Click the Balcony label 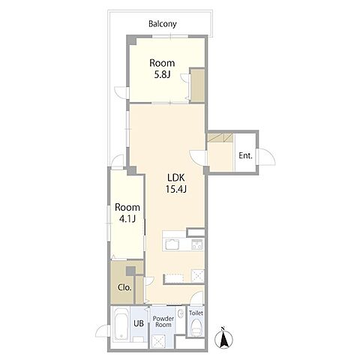[163, 24]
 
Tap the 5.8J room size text [162, 75]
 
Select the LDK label [176, 178]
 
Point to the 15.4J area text [176, 189]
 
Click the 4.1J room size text [127, 219]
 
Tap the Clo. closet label [124, 287]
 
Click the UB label [139, 323]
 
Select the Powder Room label [163, 322]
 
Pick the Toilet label [196, 313]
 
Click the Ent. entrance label [245, 156]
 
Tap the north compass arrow [223, 338]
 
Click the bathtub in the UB [121, 324]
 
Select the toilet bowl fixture [196, 327]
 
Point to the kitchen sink [172, 244]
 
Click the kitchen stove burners [198, 244]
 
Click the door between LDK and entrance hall [197, 158]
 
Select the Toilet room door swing [197, 298]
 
